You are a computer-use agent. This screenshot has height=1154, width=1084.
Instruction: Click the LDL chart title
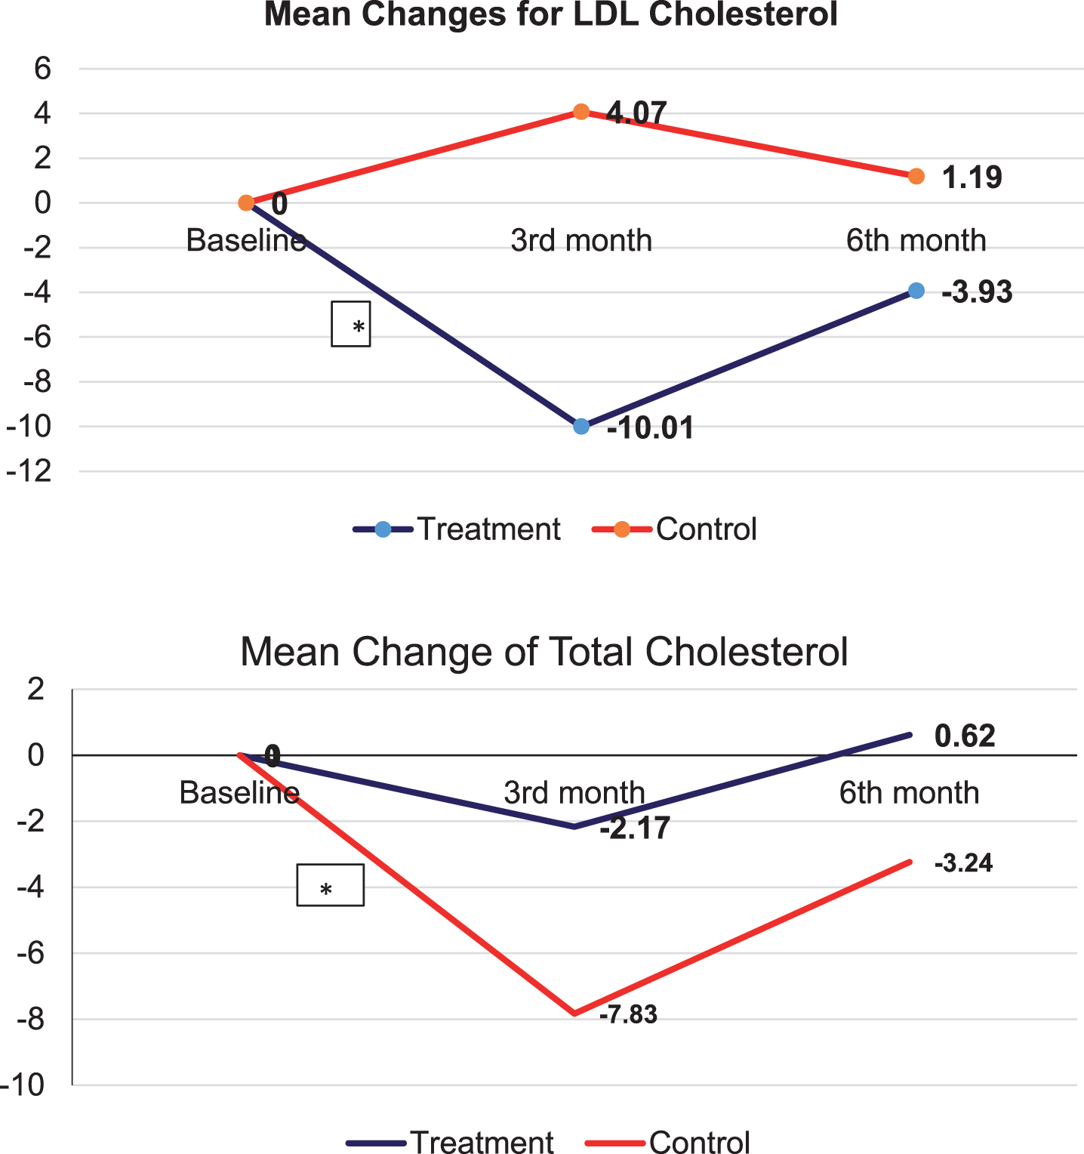point(551,14)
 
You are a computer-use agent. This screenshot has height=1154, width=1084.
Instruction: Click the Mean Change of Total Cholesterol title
point(544,651)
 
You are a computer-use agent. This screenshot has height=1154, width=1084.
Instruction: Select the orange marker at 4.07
point(581,112)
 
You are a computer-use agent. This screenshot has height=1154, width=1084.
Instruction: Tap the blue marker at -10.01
point(581,426)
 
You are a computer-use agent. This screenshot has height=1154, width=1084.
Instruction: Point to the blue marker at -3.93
point(916,291)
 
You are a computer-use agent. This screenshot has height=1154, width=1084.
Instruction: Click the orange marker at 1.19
point(916,176)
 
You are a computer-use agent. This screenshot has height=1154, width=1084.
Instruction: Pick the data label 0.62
point(965,736)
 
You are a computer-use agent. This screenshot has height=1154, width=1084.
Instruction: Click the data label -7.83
point(628,1014)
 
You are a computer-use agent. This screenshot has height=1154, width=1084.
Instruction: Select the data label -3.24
point(963,862)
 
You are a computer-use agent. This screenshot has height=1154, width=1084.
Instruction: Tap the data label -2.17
point(635,828)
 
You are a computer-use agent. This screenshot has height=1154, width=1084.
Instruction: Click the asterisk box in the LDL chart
point(351,324)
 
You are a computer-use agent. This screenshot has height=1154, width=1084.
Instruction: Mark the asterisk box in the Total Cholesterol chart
point(331,885)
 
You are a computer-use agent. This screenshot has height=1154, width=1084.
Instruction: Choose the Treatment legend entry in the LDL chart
point(457,529)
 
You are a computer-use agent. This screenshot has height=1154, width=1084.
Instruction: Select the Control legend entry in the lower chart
point(667,1141)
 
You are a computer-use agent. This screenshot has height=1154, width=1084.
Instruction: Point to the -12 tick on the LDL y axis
point(29,471)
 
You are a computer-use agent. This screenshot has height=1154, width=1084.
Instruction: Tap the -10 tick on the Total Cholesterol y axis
point(22,1085)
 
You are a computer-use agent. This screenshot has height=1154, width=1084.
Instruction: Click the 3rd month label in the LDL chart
point(581,240)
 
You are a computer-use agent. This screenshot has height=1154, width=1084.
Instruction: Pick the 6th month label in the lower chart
point(910,793)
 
